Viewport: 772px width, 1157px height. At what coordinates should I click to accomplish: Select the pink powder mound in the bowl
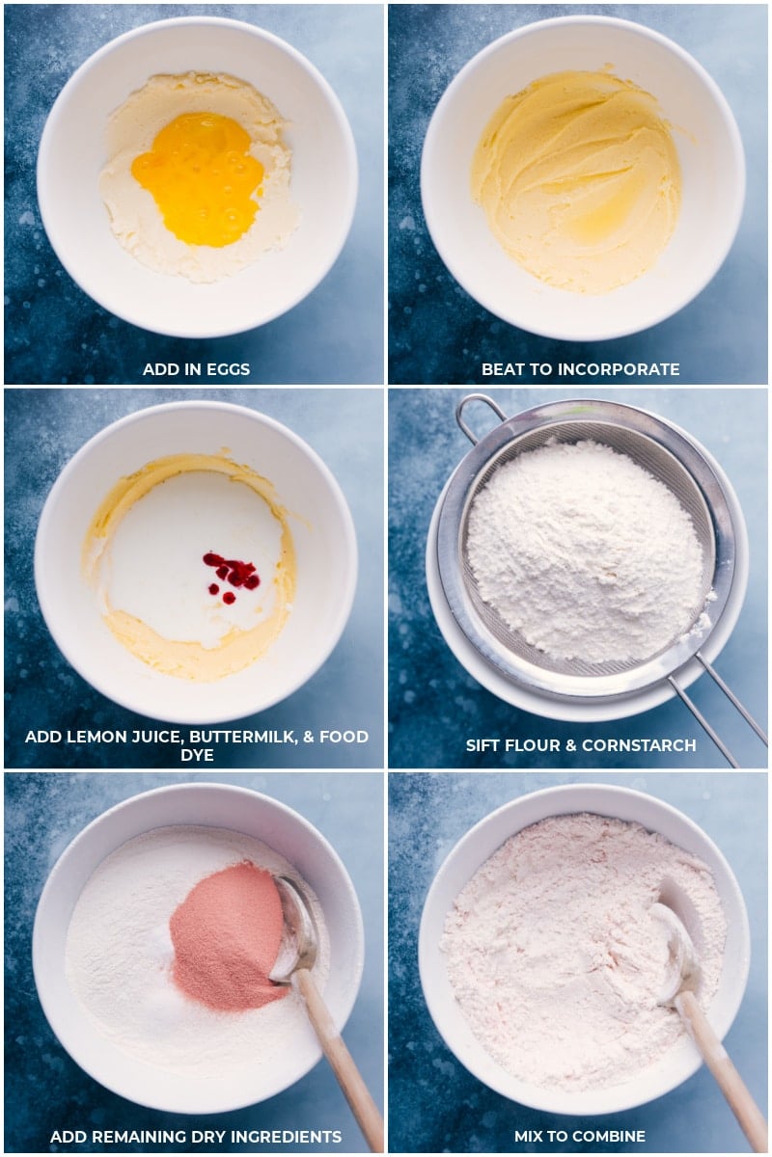click(228, 936)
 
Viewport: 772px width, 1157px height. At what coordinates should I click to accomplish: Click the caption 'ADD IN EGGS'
click(196, 369)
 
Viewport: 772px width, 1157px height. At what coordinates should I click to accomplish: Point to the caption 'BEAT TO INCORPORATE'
click(580, 369)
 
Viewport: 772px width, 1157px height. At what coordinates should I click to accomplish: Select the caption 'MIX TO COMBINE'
click(580, 1136)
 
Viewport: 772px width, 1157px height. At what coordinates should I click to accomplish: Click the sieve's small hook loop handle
click(477, 413)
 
